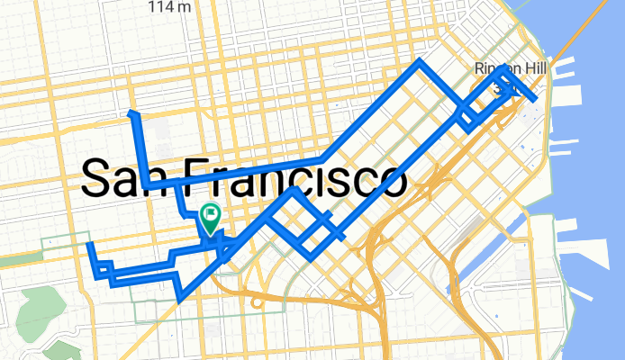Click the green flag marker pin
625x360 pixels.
point(211,216)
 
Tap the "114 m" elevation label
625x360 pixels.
point(170,7)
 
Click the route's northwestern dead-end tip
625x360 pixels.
point(132,112)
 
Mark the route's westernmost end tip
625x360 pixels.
point(89,245)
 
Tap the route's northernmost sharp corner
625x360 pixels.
point(420,62)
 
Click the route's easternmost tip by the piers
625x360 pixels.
point(536,98)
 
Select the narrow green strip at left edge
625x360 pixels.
point(18,260)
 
